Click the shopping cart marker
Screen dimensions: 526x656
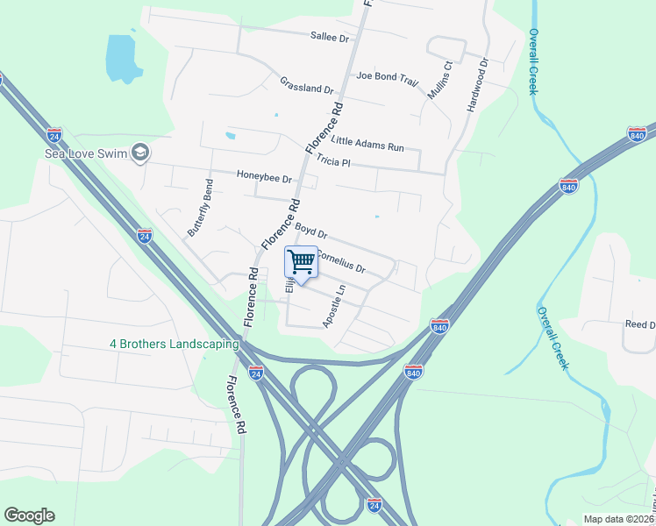click(x=301, y=261)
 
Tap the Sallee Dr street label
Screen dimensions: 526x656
click(x=330, y=38)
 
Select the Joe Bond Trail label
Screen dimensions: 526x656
click(x=388, y=76)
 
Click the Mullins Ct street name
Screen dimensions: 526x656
click(x=439, y=79)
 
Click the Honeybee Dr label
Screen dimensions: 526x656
click(x=263, y=176)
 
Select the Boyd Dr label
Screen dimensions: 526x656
click(x=310, y=231)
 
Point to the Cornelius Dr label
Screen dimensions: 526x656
click(x=339, y=260)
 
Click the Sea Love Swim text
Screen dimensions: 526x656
click(x=85, y=153)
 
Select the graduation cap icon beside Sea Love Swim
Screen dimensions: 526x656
click(x=139, y=153)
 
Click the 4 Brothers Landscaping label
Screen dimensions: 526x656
click(x=168, y=343)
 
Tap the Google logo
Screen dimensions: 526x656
click(x=29, y=515)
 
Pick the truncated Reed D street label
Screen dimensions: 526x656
click(x=639, y=324)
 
